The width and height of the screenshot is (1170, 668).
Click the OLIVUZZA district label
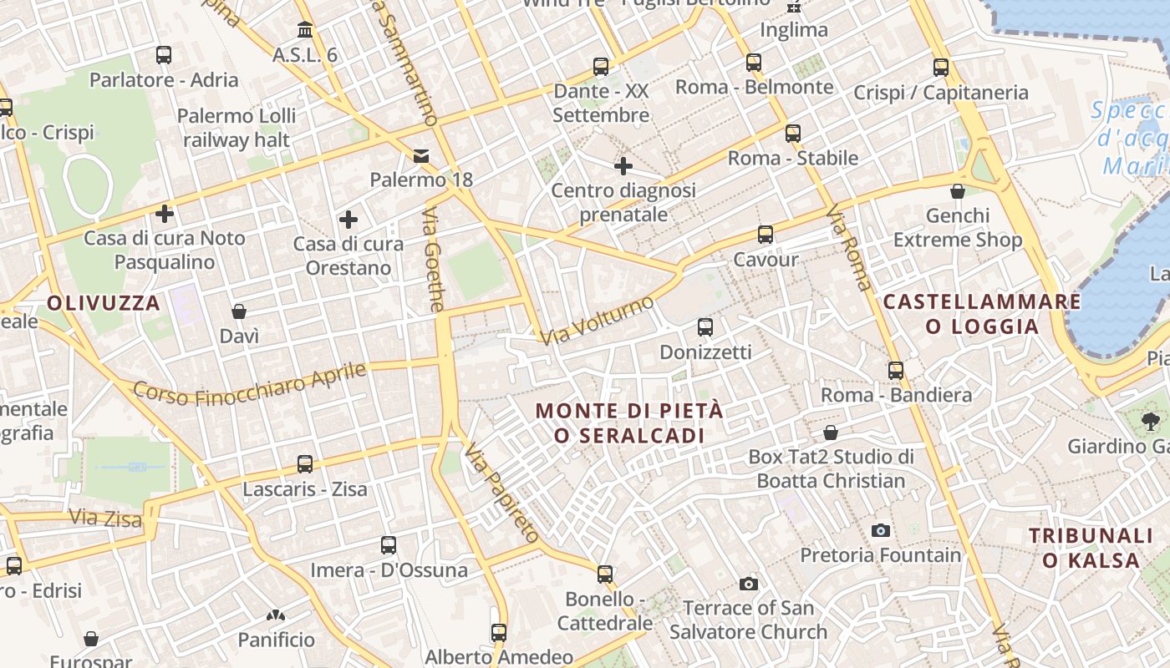point(103,303)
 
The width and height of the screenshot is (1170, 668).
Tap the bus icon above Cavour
point(766,235)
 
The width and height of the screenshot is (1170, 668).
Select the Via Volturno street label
point(596,321)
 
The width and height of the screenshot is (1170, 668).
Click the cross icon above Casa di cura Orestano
point(348,220)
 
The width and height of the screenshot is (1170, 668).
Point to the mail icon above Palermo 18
point(420,156)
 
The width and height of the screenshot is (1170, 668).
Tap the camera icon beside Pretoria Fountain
point(880,530)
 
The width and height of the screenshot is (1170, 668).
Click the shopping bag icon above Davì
point(239,311)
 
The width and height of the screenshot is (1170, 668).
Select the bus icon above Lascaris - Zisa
point(305,464)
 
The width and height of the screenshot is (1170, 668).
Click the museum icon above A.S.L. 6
point(305,30)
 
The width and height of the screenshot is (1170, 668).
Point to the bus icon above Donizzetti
point(705,327)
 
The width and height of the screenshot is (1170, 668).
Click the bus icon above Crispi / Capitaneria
point(941,68)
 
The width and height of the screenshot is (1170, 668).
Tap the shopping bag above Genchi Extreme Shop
point(958,191)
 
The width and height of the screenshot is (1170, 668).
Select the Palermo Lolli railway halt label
point(237,128)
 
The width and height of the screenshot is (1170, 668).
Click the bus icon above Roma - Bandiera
point(896,370)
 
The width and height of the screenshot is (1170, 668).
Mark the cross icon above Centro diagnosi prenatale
point(623,166)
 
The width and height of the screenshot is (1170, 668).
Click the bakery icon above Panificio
point(276,615)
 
